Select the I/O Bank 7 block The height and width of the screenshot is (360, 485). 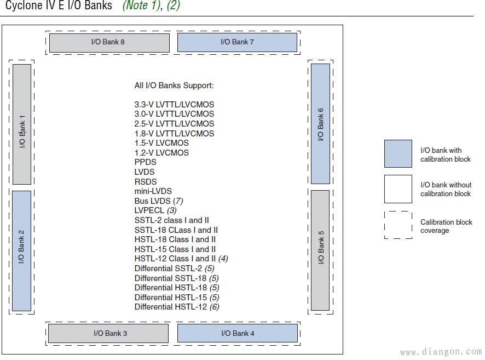[x=237, y=43]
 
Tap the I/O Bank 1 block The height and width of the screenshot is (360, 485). [x=22, y=124]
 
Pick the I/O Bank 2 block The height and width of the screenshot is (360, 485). [x=22, y=251]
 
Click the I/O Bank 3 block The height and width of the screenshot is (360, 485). [x=108, y=333]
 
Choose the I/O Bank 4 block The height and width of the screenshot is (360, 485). [x=238, y=333]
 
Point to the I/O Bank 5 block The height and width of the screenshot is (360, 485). [x=320, y=250]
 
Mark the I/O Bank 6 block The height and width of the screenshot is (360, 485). [x=320, y=124]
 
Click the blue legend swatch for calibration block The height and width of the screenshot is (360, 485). [x=398, y=154]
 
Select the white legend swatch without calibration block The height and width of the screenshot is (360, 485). [x=398, y=189]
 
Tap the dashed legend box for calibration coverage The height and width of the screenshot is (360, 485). [x=398, y=225]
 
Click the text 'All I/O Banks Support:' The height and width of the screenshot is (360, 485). [x=174, y=85]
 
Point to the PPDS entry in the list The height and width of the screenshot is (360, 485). [x=146, y=162]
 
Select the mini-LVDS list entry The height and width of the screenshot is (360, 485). [x=153, y=191]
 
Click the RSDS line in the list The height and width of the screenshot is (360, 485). [x=146, y=182]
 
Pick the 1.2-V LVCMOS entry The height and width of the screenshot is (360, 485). [x=161, y=153]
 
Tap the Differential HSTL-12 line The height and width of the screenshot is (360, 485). [x=177, y=307]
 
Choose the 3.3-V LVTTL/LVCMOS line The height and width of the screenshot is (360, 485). [x=174, y=105]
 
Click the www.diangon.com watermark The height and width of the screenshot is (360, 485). [x=441, y=352]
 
